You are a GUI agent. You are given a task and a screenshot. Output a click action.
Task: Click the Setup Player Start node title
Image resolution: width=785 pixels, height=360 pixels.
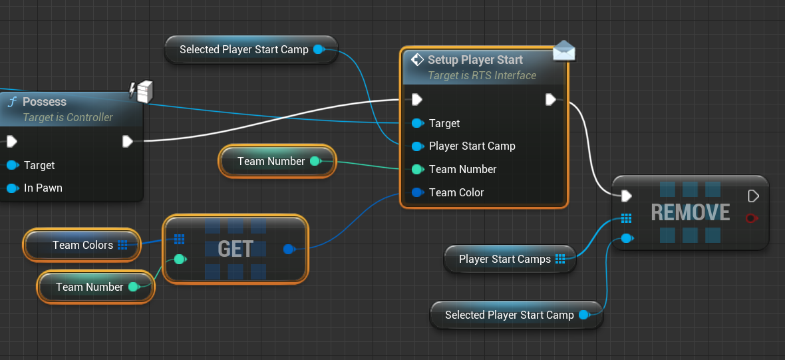click(475, 60)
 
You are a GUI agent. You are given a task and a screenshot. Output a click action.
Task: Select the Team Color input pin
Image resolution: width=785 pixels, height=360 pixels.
click(417, 192)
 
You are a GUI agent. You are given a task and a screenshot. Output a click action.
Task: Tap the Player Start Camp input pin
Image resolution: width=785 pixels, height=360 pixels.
click(417, 146)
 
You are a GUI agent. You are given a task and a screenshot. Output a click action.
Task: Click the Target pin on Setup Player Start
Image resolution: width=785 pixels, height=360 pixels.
click(417, 123)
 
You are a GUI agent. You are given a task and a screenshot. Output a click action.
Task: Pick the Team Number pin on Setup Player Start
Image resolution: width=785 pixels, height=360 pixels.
click(417, 169)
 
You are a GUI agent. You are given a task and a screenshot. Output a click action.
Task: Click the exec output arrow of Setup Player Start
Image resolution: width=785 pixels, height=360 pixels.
click(551, 100)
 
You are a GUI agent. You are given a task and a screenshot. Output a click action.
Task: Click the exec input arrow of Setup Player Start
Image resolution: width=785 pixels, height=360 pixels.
click(416, 100)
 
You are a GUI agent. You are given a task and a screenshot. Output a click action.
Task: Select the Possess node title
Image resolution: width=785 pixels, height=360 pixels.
click(45, 102)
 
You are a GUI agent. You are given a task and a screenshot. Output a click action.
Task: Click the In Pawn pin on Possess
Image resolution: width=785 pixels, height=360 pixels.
click(12, 188)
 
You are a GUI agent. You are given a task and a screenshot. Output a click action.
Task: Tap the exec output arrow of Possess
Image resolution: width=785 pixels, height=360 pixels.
click(128, 141)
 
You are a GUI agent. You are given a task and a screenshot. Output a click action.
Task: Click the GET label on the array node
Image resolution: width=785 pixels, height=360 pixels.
click(235, 249)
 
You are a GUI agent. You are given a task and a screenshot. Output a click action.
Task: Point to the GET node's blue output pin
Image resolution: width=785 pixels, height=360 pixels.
click(288, 250)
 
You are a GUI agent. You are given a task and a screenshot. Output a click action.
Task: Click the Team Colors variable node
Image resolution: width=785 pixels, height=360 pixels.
click(82, 245)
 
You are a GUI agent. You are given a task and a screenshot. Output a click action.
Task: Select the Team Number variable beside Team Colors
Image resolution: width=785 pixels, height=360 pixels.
click(90, 287)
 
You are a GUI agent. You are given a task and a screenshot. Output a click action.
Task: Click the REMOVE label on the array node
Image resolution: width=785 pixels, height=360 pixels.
click(690, 212)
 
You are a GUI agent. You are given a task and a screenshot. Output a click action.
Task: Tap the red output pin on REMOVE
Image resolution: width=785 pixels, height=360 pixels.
click(752, 218)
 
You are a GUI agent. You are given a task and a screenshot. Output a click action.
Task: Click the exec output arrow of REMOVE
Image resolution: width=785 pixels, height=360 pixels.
click(753, 196)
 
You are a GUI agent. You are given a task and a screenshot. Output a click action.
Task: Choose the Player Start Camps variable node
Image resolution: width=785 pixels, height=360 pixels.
click(505, 259)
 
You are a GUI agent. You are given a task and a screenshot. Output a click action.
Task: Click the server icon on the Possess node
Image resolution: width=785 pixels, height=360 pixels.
click(144, 92)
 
